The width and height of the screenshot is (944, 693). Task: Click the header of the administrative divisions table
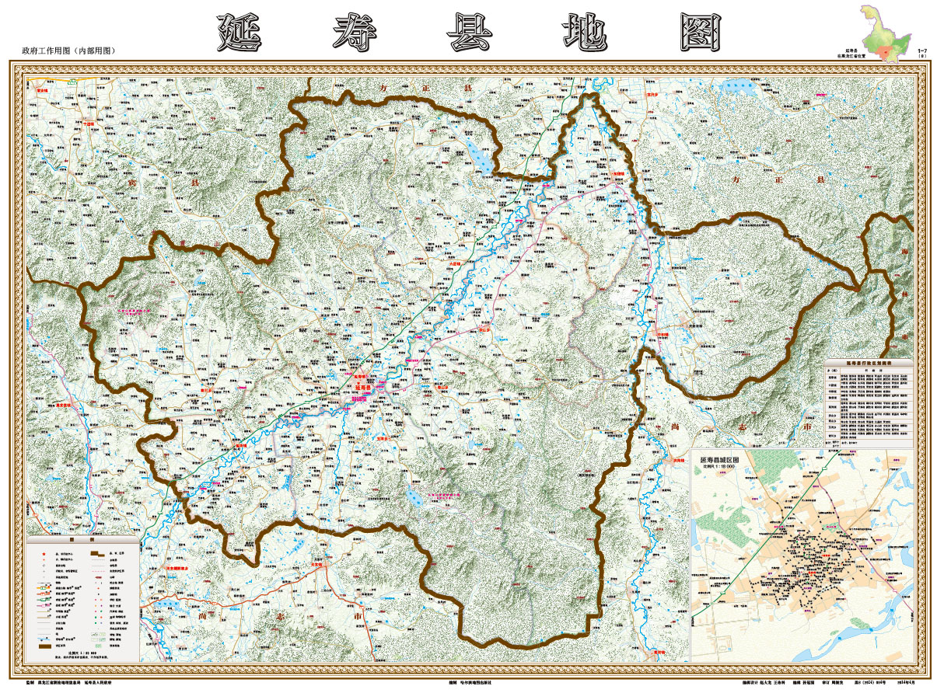pyautogui.click(x=869, y=363)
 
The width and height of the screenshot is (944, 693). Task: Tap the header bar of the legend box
pyautogui.click(x=83, y=539)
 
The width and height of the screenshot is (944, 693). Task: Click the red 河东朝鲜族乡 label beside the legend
pyautogui.click(x=178, y=569)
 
